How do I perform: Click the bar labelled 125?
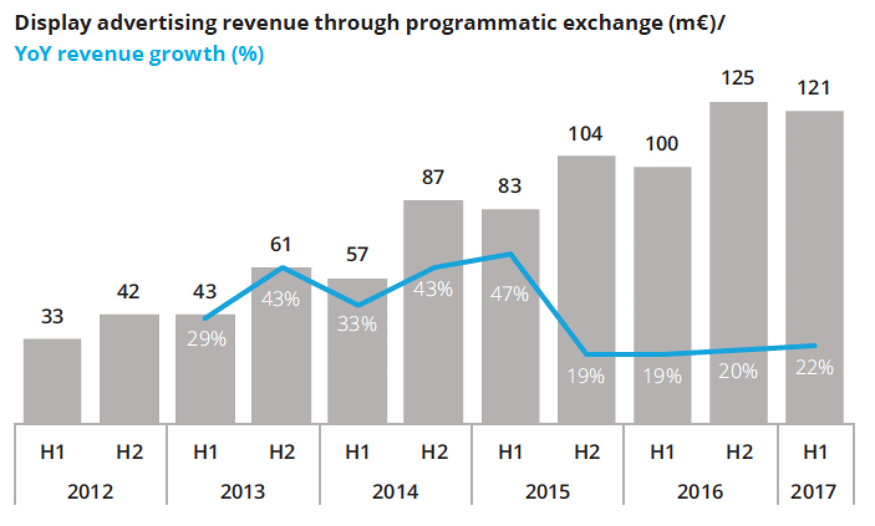[738, 261]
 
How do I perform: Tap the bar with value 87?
[433, 311]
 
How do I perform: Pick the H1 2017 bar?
[814, 267]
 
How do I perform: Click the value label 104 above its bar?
[586, 134]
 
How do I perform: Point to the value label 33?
[52, 316]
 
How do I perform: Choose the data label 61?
[281, 244]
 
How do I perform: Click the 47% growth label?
[509, 293]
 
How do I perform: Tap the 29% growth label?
[206, 339]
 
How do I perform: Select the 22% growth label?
[814, 367]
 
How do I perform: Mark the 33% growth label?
[357, 324]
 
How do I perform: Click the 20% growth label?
[738, 371]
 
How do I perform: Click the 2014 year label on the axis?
[395, 491]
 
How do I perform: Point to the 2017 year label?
[814, 491]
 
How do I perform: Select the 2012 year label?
[90, 491]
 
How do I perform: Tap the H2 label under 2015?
[586, 452]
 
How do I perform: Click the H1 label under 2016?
[662, 452]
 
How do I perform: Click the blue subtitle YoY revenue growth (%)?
[139, 54]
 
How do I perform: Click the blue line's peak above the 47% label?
[510, 254]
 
